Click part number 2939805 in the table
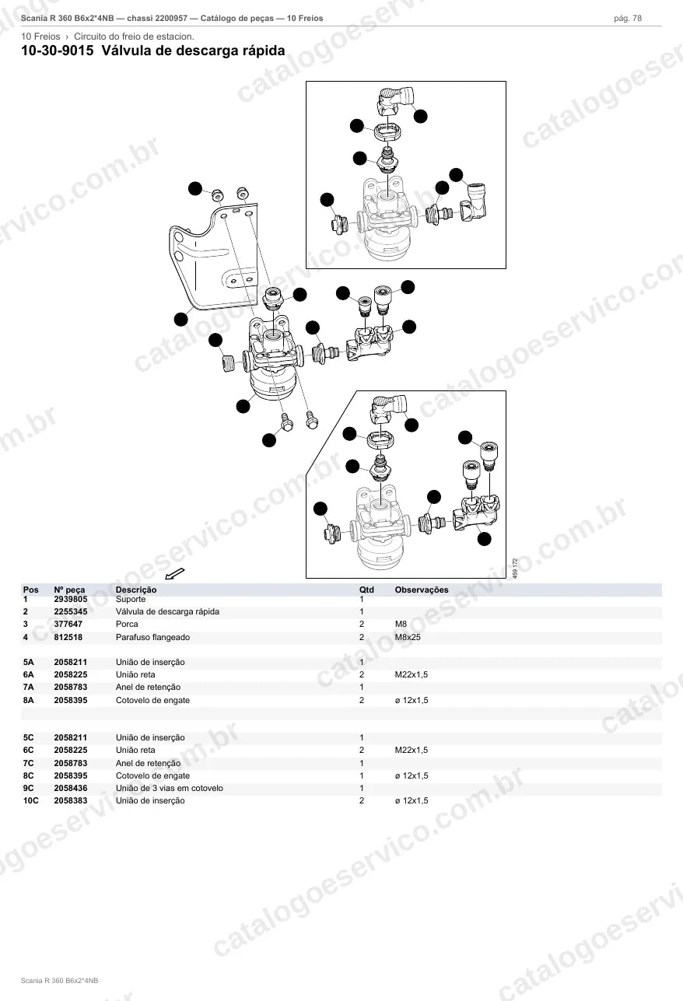coord(71,599)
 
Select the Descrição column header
coord(136,590)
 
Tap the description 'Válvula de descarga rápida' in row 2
coord(167,611)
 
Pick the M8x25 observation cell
coord(408,637)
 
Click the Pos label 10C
coord(31,800)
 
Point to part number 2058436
coord(71,788)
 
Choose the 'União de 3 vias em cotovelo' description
coord(170,788)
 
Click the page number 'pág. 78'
coord(628,19)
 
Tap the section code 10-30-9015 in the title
coord(58,51)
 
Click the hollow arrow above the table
coord(175,573)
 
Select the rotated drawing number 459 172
coord(515,569)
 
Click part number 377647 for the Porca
coord(68,624)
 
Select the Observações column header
coord(422,590)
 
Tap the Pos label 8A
coord(28,700)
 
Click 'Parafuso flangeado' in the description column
coord(152,637)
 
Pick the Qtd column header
coord(366,590)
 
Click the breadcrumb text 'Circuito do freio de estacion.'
coord(134,37)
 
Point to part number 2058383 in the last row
coord(71,800)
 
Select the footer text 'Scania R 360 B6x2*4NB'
coord(59,981)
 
